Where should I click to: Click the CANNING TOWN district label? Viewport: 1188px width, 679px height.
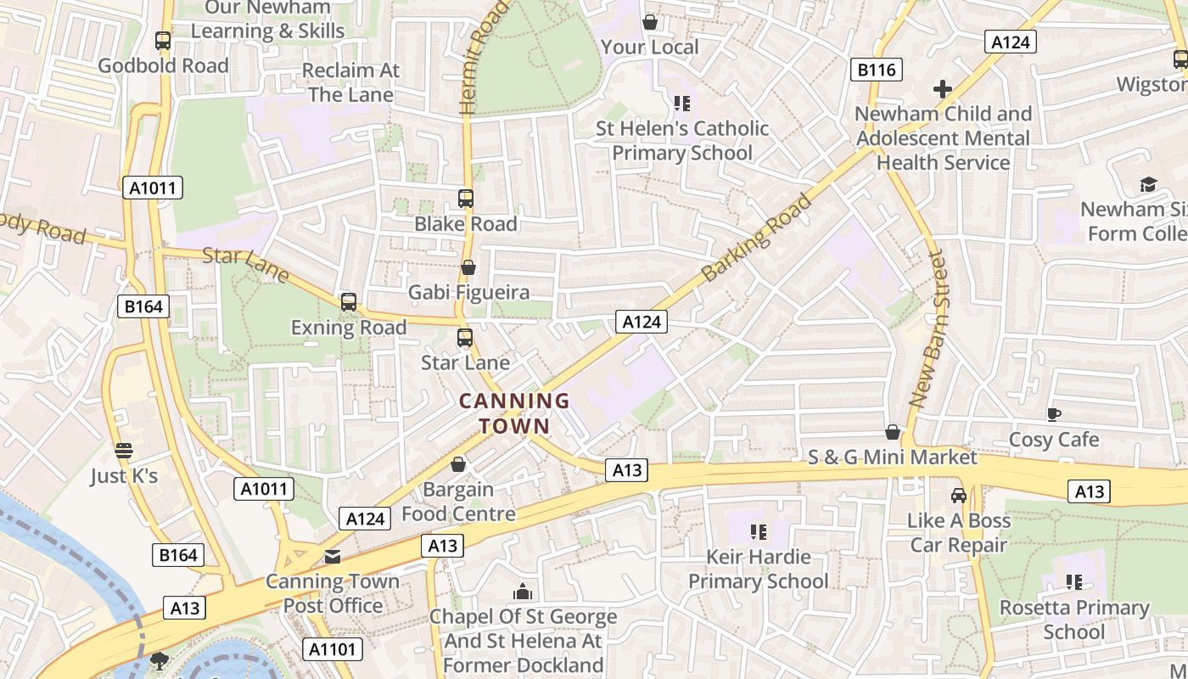pyautogui.click(x=514, y=412)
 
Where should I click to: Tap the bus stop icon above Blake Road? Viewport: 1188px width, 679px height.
pyautogui.click(x=466, y=199)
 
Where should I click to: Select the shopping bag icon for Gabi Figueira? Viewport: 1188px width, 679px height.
pyautogui.click(x=468, y=268)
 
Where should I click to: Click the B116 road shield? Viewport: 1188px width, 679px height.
pyautogui.click(x=877, y=70)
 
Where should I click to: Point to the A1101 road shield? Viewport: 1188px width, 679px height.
pyautogui.click(x=333, y=649)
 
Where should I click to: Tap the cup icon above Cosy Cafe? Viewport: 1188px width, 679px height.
pyautogui.click(x=1053, y=414)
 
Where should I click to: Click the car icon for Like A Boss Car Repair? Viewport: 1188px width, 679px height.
pyautogui.click(x=959, y=496)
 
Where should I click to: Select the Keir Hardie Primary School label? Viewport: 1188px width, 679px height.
pyautogui.click(x=758, y=569)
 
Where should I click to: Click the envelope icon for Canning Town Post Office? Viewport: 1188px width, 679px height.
pyautogui.click(x=333, y=557)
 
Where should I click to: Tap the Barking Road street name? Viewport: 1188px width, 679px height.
pyautogui.click(x=758, y=238)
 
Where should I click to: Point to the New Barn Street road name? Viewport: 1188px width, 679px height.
pyautogui.click(x=930, y=328)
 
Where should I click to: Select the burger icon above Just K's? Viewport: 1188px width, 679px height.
pyautogui.click(x=124, y=451)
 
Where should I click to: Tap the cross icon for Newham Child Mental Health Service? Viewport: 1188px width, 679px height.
pyautogui.click(x=942, y=88)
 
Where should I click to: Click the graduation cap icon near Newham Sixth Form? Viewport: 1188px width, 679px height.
pyautogui.click(x=1148, y=184)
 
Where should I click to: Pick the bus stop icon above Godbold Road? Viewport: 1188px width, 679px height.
pyautogui.click(x=163, y=40)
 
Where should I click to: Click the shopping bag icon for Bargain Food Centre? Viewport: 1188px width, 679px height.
pyautogui.click(x=458, y=464)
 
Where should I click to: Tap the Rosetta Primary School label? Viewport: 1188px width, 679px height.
pyautogui.click(x=1073, y=620)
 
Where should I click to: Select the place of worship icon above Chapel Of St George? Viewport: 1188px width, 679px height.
pyautogui.click(x=523, y=591)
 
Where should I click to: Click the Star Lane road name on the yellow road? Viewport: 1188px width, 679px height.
pyautogui.click(x=246, y=265)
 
